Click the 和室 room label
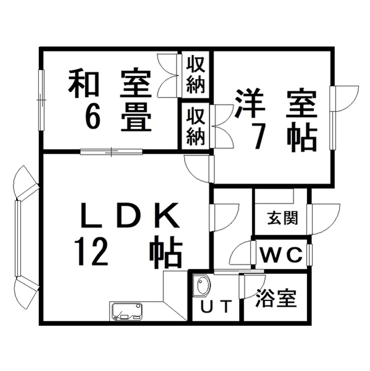point(109,83)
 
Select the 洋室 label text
point(276,103)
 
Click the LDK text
point(130,215)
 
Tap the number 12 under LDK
point(91,252)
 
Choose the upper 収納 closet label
point(195,74)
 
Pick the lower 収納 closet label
point(195,126)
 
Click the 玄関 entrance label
point(283,218)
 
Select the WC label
point(281,254)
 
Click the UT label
point(215,307)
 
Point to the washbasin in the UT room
point(202,285)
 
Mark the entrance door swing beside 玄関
point(324,219)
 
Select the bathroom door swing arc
point(252,286)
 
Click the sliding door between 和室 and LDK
point(111,152)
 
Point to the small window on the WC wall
point(309,254)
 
